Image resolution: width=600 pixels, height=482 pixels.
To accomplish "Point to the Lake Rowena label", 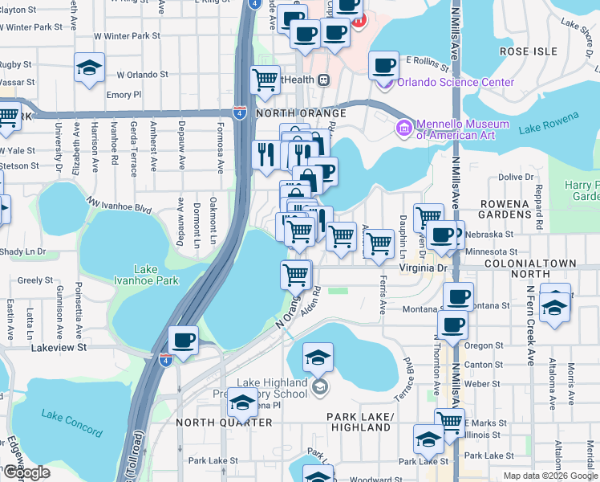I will pos(549,124).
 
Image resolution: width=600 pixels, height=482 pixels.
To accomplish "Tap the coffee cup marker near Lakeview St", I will pos(184,341).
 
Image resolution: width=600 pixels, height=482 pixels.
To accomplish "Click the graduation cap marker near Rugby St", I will pos(89,67).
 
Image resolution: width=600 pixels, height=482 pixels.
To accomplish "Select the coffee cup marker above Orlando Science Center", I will pos(383,64).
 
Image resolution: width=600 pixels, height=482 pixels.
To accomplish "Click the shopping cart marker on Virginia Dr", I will pos(295,275).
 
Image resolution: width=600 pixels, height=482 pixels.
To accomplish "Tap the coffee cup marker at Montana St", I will pos(458,298).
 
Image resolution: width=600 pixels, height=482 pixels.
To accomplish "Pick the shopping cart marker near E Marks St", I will pos(449,423).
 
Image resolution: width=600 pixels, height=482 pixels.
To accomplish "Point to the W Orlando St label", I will pos(142,75).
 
